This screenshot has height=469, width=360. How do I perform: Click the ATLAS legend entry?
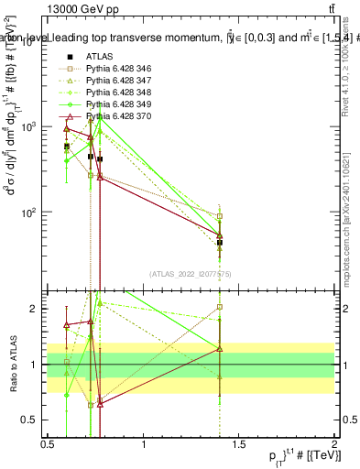coord(101,56)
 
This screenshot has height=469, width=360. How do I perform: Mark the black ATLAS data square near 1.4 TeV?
coord(220,243)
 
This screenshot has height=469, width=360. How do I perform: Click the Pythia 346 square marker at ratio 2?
coord(220,308)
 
